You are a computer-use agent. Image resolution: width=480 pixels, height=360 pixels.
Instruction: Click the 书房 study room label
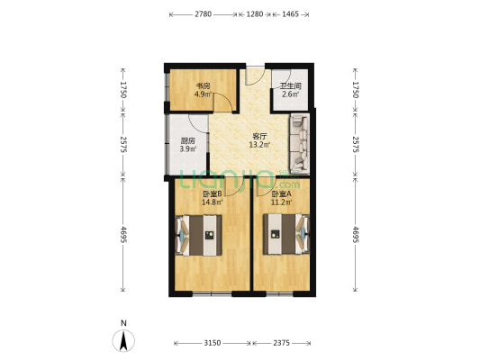(203, 85)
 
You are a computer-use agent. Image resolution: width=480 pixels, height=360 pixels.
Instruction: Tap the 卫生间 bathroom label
(290, 85)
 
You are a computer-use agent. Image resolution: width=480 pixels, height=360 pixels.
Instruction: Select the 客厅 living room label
(259, 136)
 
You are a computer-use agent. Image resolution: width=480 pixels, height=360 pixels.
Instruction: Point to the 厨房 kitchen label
(187, 140)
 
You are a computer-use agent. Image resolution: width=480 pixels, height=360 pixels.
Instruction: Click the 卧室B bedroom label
(213, 194)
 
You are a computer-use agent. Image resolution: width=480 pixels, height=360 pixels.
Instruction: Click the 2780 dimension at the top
(203, 14)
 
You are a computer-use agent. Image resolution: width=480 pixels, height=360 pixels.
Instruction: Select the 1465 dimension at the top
(291, 14)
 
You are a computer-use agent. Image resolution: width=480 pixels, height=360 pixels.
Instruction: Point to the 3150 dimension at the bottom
(213, 343)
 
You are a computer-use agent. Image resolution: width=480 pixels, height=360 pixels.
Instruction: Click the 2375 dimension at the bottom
(283, 343)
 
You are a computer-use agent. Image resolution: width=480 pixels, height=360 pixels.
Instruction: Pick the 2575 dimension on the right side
(356, 144)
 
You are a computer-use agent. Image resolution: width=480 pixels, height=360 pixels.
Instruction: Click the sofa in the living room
(303, 143)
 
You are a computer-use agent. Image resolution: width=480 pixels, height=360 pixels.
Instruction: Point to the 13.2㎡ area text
(260, 145)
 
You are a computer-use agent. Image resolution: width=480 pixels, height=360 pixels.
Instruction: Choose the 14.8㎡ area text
(213, 203)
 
